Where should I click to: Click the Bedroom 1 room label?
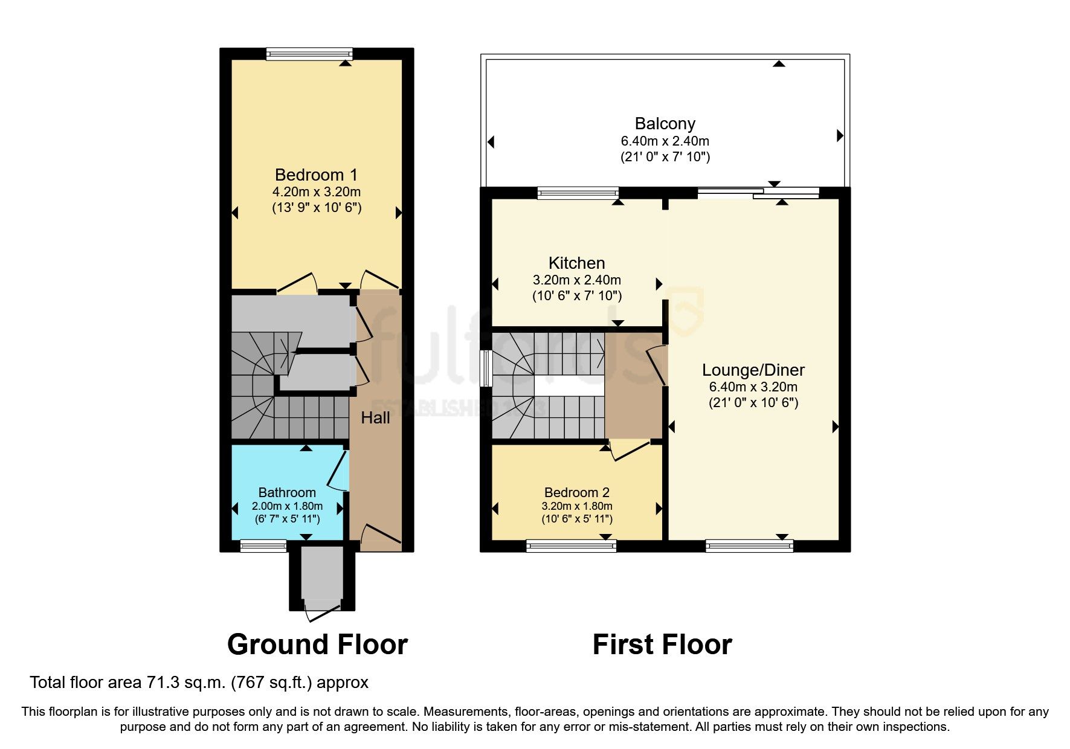tap(316, 175)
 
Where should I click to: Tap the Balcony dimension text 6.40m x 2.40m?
tap(665, 141)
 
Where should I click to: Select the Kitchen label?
tap(576, 263)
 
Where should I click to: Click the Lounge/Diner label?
tap(753, 370)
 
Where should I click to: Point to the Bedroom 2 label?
tap(576, 492)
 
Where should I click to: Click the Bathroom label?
tap(287, 492)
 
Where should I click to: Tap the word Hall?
tap(375, 418)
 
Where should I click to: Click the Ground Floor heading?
tap(317, 645)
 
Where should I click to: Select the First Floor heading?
tap(662, 645)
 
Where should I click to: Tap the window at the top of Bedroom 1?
tap(309, 54)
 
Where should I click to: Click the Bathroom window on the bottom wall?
tap(263, 546)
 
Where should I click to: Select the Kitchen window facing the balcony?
tap(578, 193)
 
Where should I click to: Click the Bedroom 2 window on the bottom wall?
tap(571, 546)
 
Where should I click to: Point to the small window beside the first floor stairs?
tap(485, 368)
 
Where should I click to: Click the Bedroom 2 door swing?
tap(628, 449)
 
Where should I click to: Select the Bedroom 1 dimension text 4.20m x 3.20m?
tap(316, 192)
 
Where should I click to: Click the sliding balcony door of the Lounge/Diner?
tap(758, 193)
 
